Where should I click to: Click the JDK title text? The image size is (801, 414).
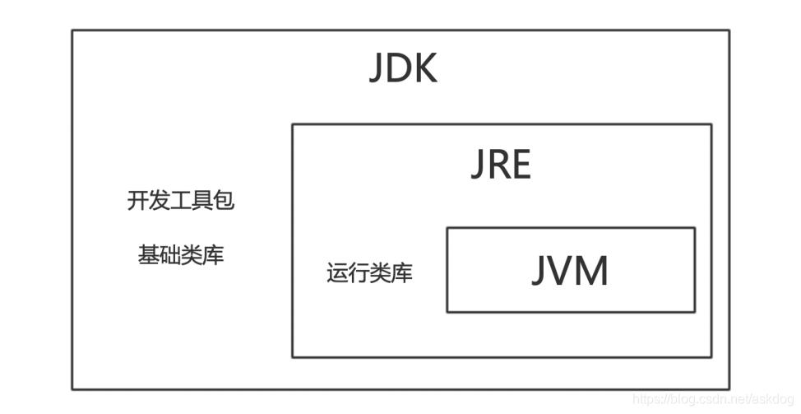click(x=402, y=70)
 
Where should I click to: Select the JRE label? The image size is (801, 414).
click(x=501, y=166)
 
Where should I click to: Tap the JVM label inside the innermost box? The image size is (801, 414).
click(x=570, y=271)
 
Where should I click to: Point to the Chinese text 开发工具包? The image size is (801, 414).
click(x=181, y=201)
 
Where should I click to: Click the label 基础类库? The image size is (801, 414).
click(x=181, y=255)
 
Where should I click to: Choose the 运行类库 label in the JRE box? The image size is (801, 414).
click(x=369, y=273)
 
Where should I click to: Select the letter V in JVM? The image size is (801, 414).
click(x=566, y=271)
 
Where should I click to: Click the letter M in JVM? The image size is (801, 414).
click(x=594, y=271)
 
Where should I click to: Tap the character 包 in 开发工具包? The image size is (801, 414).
click(x=225, y=201)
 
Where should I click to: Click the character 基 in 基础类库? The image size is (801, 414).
click(x=149, y=255)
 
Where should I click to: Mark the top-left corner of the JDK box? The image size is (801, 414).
click(x=72, y=31)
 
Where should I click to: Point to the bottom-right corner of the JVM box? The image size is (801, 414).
click(x=695, y=312)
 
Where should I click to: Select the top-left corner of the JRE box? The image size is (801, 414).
click(x=293, y=125)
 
